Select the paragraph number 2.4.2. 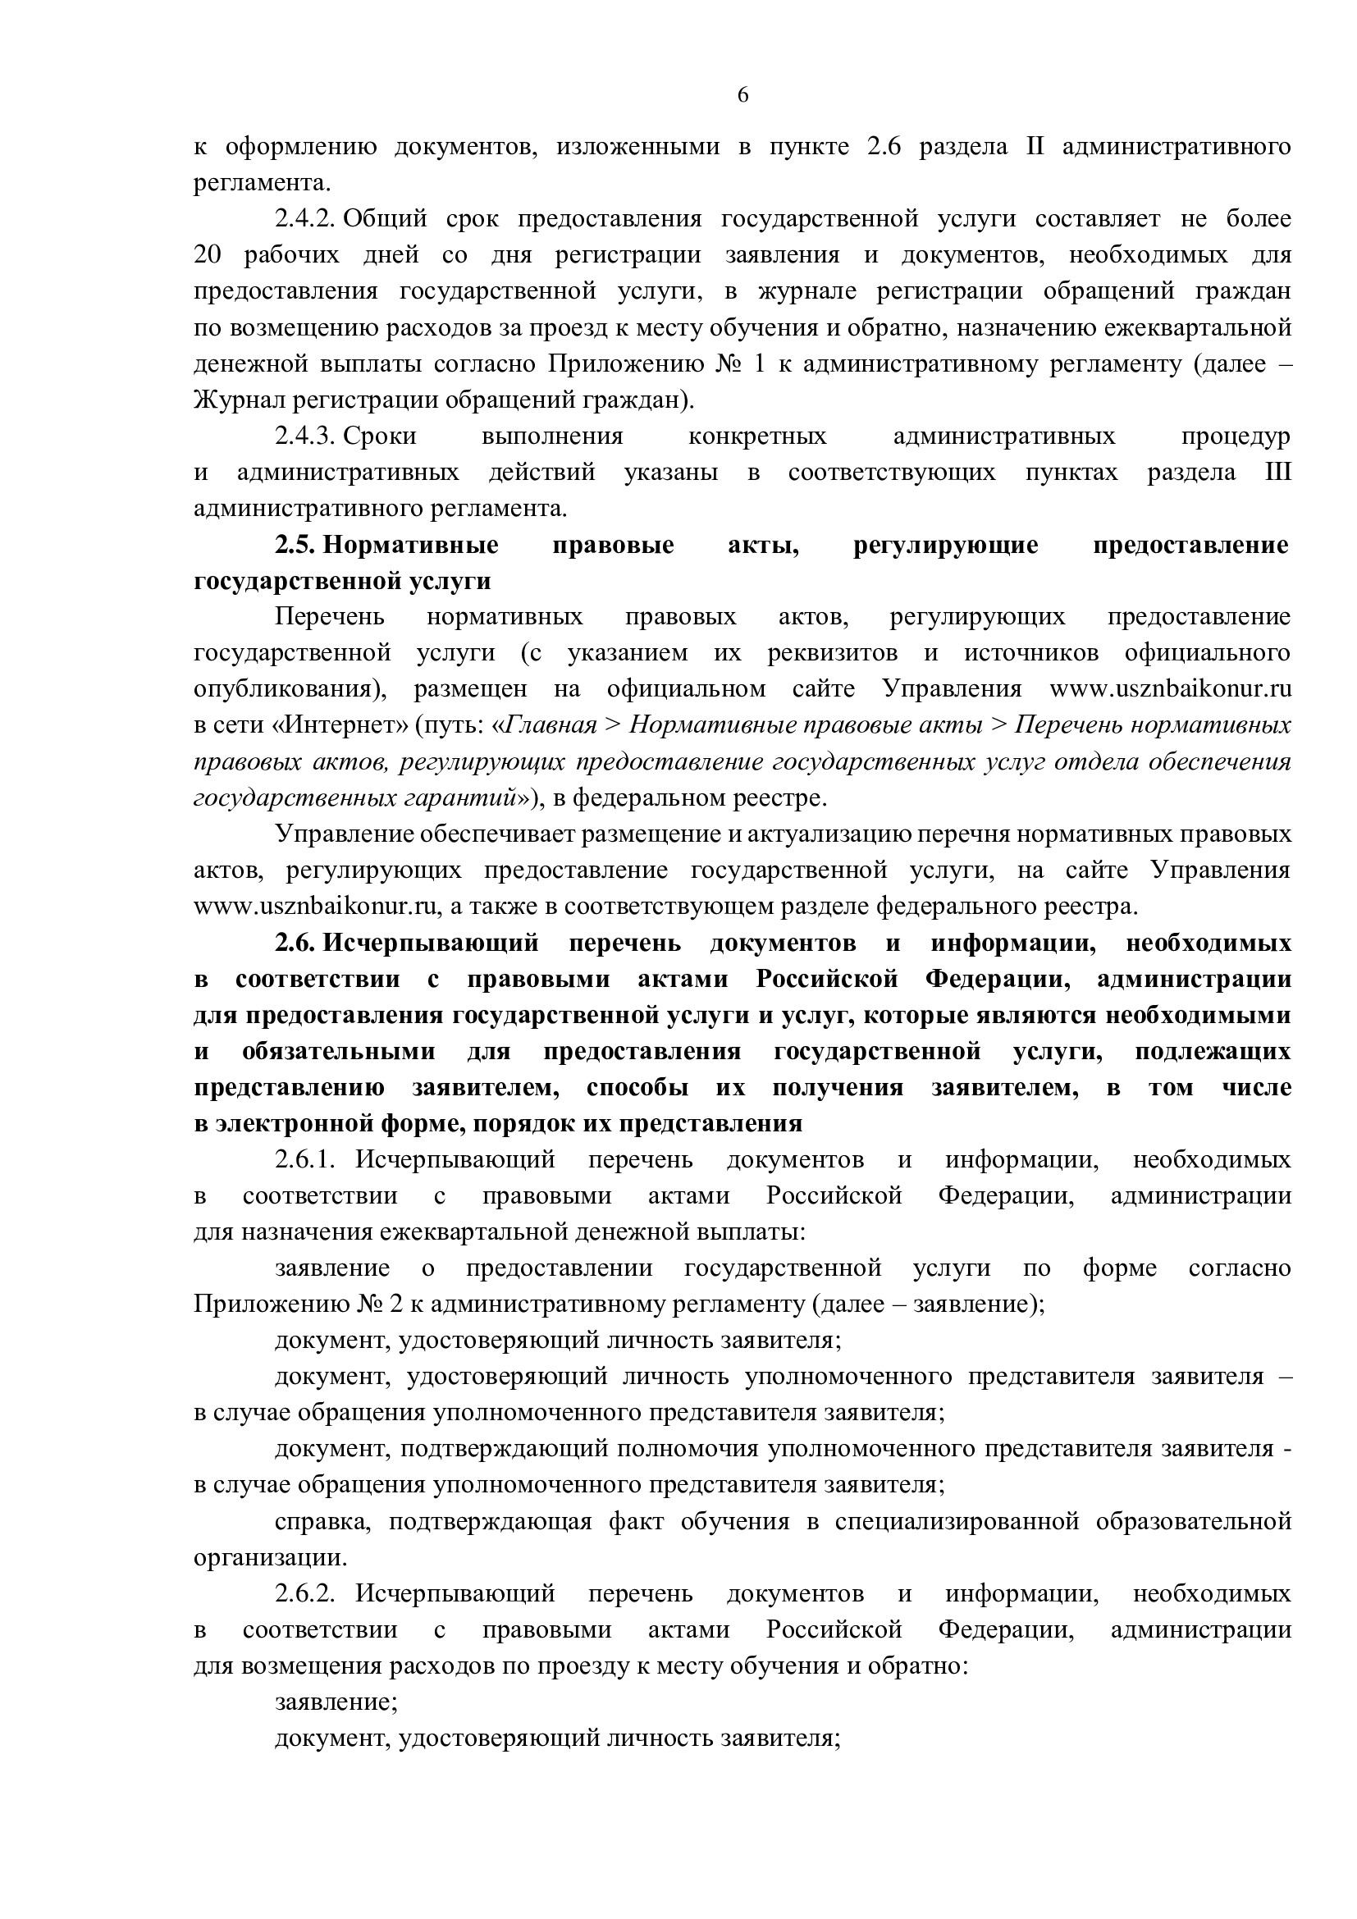(x=305, y=219)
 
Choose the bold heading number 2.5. (x=295, y=545)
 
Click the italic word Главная (x=552, y=725)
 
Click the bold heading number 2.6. (x=295, y=944)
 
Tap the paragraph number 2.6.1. (x=305, y=1160)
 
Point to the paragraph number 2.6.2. (x=305, y=1594)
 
